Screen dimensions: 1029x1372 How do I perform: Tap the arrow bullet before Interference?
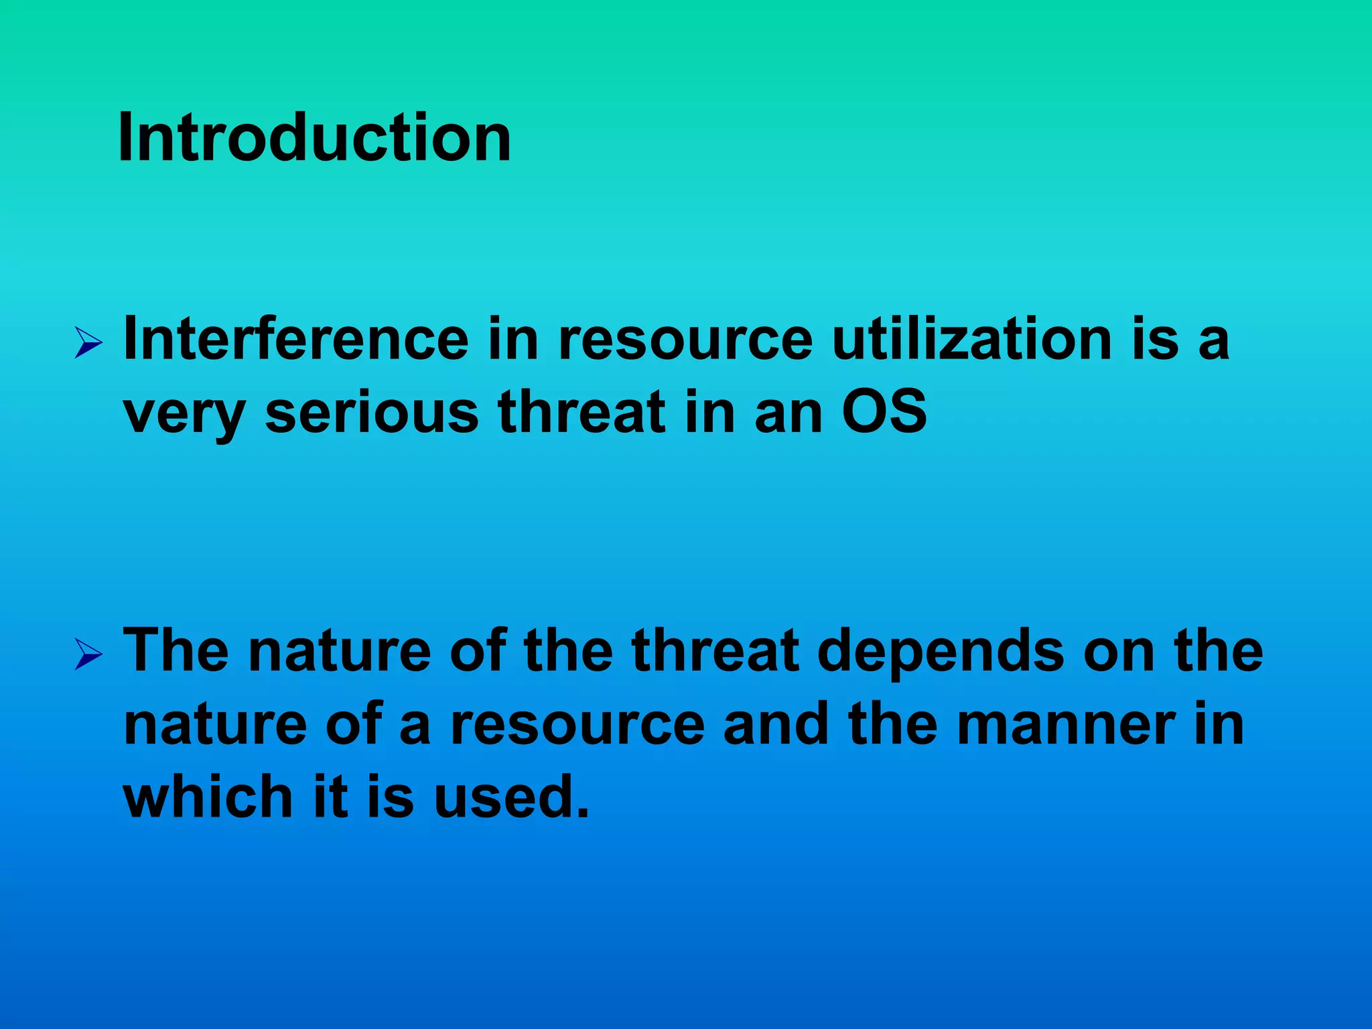(88, 343)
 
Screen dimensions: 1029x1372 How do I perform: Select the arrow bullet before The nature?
(88, 654)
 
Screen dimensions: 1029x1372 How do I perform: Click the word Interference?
(296, 339)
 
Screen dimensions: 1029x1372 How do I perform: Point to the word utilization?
(972, 339)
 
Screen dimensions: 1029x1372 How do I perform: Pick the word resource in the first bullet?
(685, 339)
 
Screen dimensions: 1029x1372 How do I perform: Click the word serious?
(372, 411)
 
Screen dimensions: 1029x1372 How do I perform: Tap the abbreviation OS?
(884, 411)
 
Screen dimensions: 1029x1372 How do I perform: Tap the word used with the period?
(512, 797)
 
